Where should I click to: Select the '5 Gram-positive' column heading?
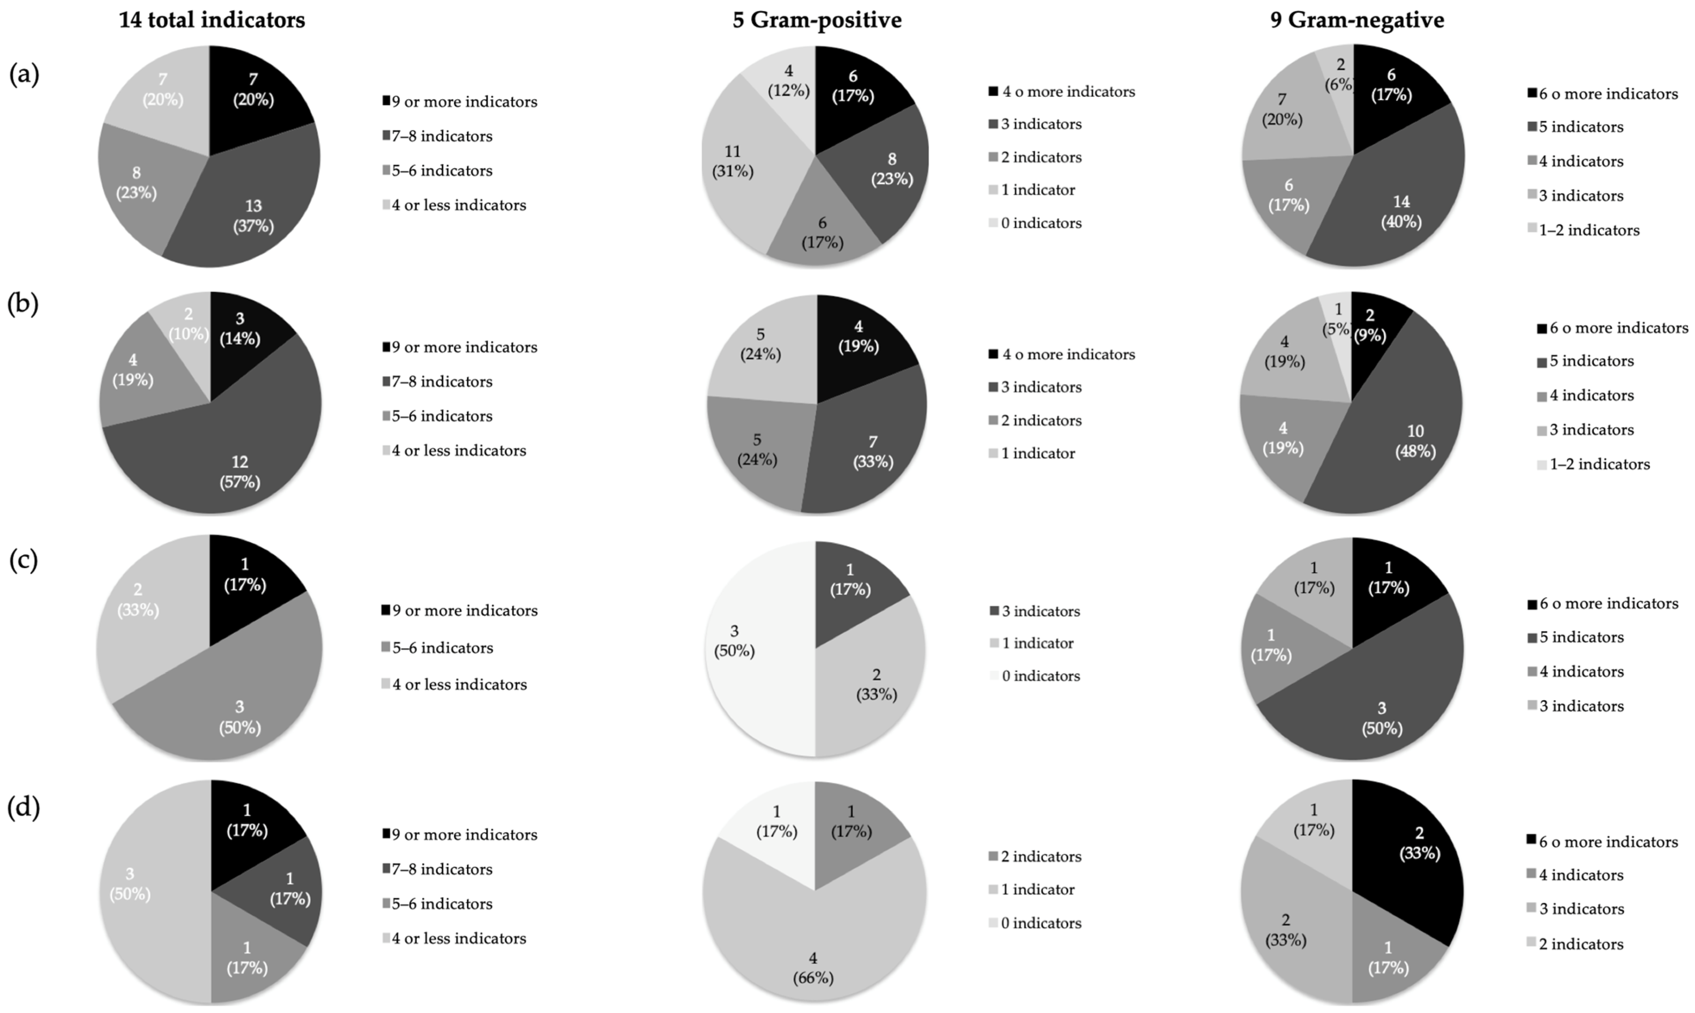tap(817, 21)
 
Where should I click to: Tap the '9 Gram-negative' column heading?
tap(1357, 21)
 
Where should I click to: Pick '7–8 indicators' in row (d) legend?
tap(442, 870)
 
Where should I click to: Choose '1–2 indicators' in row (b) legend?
tap(1599, 464)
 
